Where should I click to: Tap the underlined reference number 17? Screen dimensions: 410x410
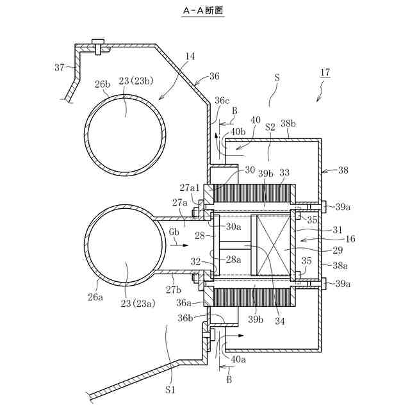[324, 73]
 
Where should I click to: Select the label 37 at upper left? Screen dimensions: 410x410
[60, 66]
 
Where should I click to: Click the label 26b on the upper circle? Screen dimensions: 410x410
[102, 83]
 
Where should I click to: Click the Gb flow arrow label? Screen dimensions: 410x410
[174, 232]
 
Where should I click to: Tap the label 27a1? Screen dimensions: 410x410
[190, 188]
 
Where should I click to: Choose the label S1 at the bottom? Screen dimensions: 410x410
[170, 389]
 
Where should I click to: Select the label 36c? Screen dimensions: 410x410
[222, 101]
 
